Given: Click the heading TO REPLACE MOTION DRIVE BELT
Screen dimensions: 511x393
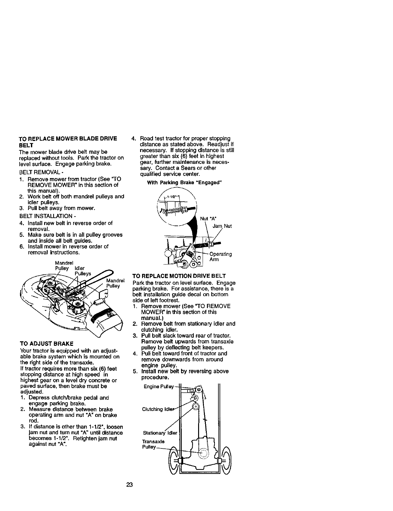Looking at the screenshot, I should [x=179, y=276].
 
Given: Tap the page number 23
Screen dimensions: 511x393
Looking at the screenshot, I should [x=129, y=485].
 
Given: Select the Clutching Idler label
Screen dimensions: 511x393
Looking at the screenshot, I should [x=156, y=409].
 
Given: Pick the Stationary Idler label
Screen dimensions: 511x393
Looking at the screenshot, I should [x=160, y=433].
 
